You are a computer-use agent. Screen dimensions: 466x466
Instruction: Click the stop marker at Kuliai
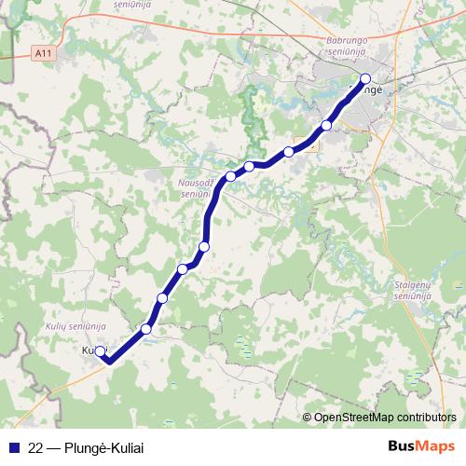coord(101,351)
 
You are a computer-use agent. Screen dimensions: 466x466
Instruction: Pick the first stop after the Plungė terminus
coord(326,125)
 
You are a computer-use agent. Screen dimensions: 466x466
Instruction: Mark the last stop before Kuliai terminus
coord(145,329)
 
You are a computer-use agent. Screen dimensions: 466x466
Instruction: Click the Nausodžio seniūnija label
coord(198,188)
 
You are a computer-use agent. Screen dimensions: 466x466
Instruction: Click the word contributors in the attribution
coord(427,418)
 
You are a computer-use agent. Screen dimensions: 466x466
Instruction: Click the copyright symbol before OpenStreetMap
coord(307,418)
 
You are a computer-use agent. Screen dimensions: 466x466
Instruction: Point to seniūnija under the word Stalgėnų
coord(410,295)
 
